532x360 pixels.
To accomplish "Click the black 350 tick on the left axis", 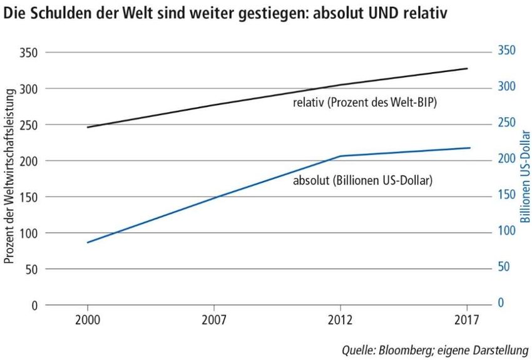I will click(29, 53).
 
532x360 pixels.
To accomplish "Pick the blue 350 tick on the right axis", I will click(506, 50).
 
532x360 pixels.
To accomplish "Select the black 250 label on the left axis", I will click(29, 125).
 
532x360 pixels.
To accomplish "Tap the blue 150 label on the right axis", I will click(506, 195).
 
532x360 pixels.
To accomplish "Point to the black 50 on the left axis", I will click(32, 269).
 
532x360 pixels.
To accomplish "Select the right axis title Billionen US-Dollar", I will click(525, 177).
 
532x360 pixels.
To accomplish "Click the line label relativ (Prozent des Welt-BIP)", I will click(364, 103).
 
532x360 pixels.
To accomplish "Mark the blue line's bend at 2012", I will click(340, 156).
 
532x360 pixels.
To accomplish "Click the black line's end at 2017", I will click(468, 68).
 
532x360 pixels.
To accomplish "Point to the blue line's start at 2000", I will click(87, 242).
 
